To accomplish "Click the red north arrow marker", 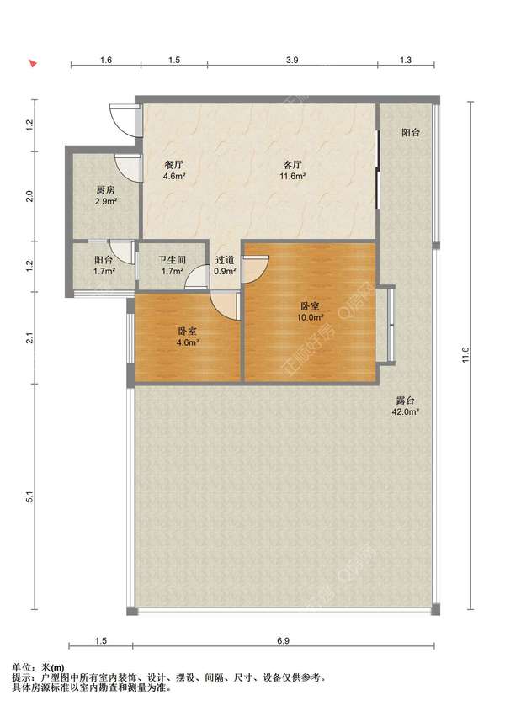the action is [x=32, y=63].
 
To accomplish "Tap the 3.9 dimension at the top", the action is [x=293, y=60].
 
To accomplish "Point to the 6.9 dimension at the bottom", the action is [x=283, y=640].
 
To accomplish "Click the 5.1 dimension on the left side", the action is [x=29, y=497].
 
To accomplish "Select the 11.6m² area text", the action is [x=293, y=176].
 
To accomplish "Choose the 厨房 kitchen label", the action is [x=105, y=189].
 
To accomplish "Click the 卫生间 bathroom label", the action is [x=172, y=260].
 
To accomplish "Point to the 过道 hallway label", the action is [x=225, y=260].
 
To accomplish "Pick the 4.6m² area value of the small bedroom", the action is [x=188, y=342].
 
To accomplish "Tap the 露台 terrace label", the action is [x=405, y=401].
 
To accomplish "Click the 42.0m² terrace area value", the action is [x=405, y=412].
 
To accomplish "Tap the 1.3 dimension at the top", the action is [x=406, y=60].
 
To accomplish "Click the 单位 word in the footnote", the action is [x=20, y=667].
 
